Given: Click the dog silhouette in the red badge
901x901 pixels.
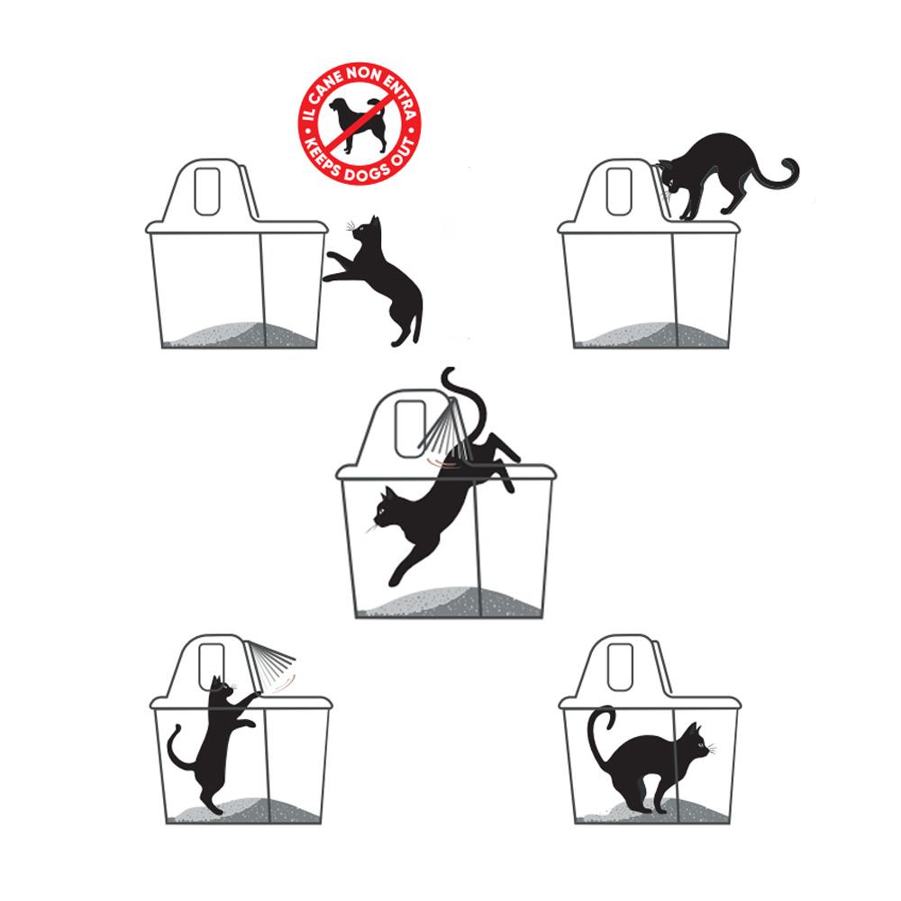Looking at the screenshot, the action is [x=357, y=123].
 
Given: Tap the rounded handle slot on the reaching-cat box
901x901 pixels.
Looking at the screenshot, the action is [x=207, y=191].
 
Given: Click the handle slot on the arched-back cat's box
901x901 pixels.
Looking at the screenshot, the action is [x=620, y=667].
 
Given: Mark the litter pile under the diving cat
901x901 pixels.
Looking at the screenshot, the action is [x=451, y=602].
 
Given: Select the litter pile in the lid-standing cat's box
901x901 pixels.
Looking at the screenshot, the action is [x=652, y=335].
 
